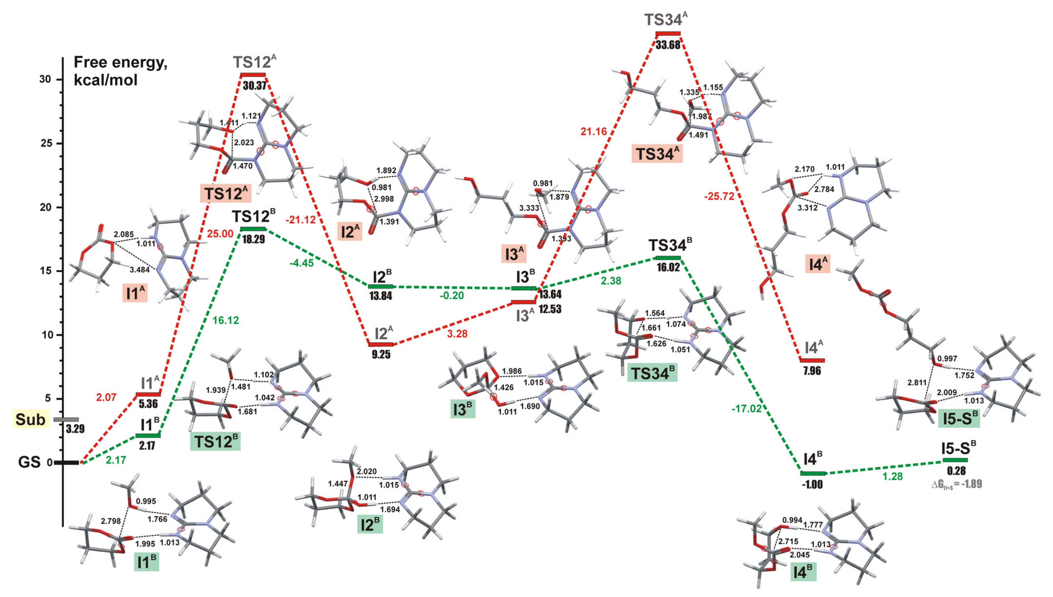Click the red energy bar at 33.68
tap(668, 33)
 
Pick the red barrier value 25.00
tap(220, 234)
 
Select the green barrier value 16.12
tap(226, 320)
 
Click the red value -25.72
tap(719, 196)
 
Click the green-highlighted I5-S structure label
tap(959, 418)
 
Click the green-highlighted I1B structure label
tap(147, 562)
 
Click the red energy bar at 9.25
tap(381, 344)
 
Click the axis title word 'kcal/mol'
tap(106, 80)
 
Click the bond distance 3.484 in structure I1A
tap(139, 270)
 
